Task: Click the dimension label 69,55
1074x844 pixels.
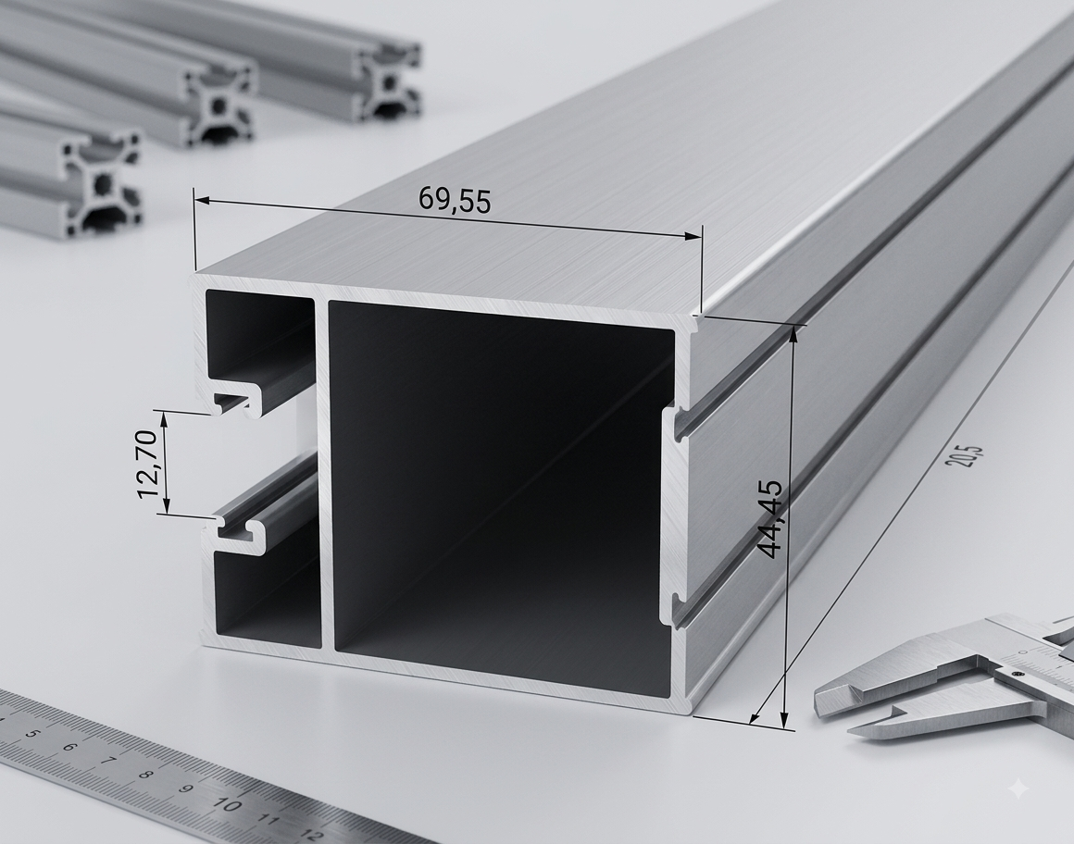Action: tap(455, 201)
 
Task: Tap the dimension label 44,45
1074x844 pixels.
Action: tap(770, 519)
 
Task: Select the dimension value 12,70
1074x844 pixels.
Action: tap(149, 464)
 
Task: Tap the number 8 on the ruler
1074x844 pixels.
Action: tap(144, 776)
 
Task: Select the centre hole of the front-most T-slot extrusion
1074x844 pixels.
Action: tap(103, 183)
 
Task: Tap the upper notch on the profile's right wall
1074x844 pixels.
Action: tap(677, 422)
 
